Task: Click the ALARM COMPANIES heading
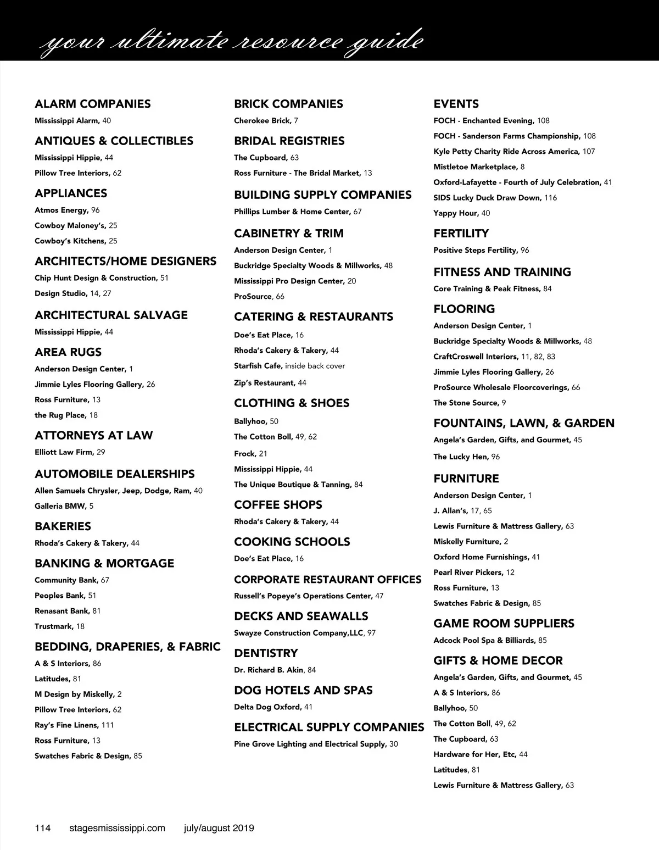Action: tap(92, 104)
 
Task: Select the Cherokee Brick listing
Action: tap(266, 121)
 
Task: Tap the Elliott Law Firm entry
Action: tap(70, 452)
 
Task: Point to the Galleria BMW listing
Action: tap(64, 506)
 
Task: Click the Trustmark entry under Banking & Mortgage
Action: tap(59, 626)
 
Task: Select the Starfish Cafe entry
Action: tap(289, 366)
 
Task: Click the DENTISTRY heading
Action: tap(266, 653)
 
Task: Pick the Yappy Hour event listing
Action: tap(461, 213)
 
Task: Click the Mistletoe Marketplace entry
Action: tap(479, 167)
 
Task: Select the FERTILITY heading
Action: tap(461, 234)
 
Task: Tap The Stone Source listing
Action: tap(470, 403)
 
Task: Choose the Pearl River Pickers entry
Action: tap(473, 573)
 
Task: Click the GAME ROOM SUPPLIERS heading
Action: tap(504, 624)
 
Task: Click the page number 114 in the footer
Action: tap(43, 828)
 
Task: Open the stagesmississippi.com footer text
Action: tap(118, 828)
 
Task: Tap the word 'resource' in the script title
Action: tap(286, 42)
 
